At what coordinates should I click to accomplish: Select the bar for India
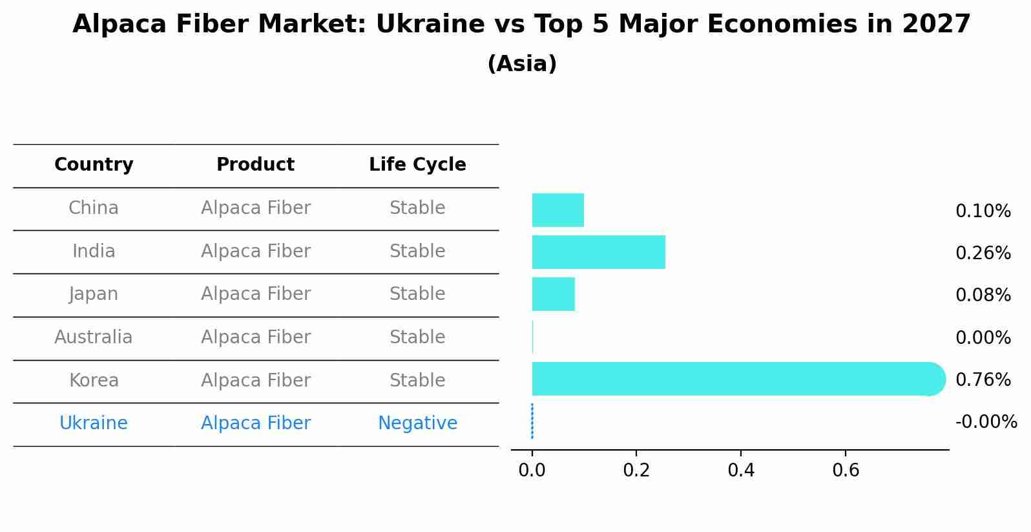[598, 252]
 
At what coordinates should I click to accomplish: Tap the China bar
[557, 210]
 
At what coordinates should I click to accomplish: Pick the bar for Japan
[553, 294]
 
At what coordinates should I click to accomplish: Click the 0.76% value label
[983, 380]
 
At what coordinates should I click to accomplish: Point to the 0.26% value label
[983, 253]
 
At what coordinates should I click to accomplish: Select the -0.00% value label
[986, 422]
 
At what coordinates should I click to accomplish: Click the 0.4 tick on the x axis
[741, 471]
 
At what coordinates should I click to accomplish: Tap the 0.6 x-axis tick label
[846, 471]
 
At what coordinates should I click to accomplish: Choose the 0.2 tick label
[636, 471]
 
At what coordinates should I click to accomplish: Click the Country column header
[94, 165]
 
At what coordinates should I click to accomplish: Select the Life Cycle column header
[417, 165]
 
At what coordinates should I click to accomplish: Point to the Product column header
[255, 165]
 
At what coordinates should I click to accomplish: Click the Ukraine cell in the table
[94, 423]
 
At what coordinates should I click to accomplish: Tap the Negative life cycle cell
[417, 423]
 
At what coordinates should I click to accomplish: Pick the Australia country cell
[94, 337]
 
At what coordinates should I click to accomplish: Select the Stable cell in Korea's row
[417, 381]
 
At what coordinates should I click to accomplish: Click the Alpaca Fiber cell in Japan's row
[255, 294]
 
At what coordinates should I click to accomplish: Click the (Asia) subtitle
[521, 64]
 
